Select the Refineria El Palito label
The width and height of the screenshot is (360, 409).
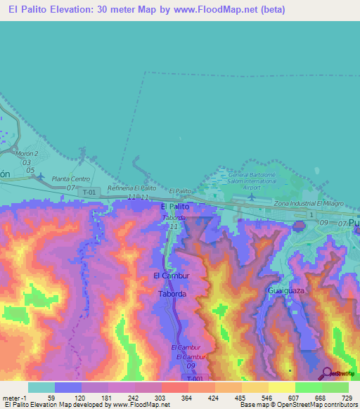click(131, 188)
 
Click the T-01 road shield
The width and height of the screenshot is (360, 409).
click(89, 192)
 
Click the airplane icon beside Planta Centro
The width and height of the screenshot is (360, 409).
click(39, 176)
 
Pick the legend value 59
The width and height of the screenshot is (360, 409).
click(51, 397)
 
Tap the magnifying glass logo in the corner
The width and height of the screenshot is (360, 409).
click(328, 372)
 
